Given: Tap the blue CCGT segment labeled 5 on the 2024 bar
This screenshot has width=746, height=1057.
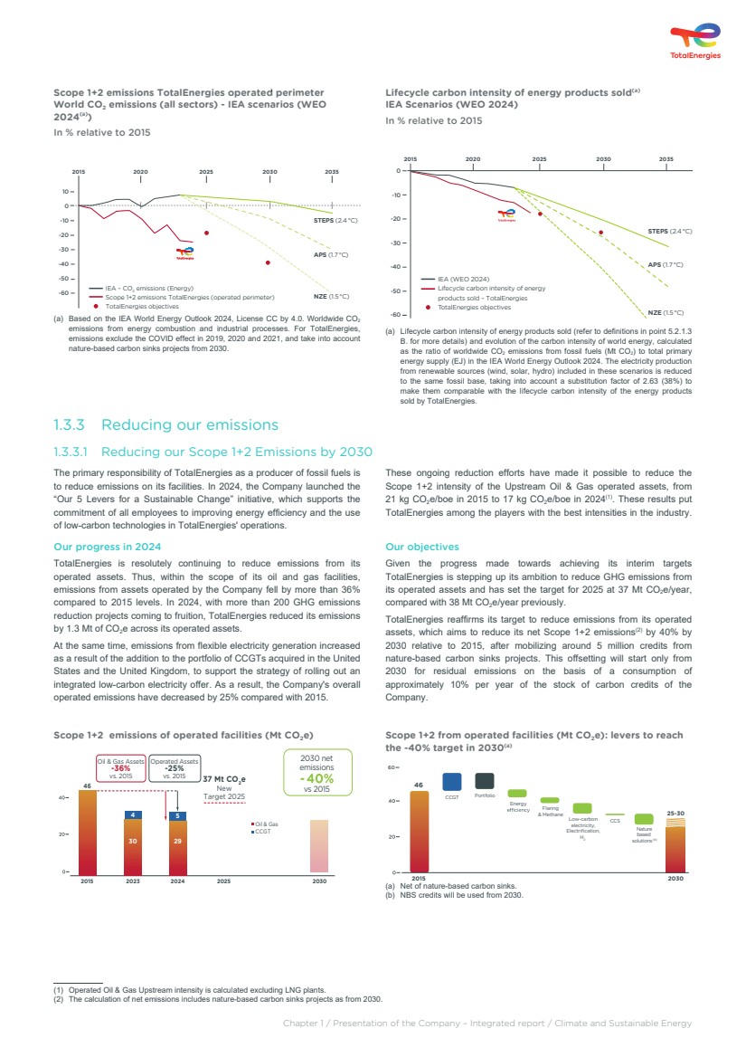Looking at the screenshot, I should click(178, 815).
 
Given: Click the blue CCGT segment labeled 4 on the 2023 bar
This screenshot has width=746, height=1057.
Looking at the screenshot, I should click(133, 814).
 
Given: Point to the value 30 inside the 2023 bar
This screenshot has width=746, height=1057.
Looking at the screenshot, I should click(133, 841).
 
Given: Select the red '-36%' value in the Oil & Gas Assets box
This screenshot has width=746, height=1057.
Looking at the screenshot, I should click(120, 768).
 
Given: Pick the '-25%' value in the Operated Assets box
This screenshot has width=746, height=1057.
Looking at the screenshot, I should click(174, 768).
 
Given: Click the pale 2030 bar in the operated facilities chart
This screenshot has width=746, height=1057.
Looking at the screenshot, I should click(319, 846).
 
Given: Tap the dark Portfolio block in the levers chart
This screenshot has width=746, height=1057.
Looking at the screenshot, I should click(485, 781).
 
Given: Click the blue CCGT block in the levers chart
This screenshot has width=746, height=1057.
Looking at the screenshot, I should click(452, 781).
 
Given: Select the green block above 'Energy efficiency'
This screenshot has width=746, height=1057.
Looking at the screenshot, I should click(517, 794).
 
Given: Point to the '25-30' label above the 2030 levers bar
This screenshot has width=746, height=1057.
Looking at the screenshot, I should click(675, 814).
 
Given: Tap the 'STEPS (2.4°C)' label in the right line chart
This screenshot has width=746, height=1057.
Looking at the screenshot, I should click(670, 232).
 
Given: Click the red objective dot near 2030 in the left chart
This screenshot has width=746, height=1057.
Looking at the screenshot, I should click(268, 262).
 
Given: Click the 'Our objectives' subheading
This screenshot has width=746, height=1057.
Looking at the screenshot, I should click(421, 547).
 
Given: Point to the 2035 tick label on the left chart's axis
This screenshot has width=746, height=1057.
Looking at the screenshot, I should click(332, 171).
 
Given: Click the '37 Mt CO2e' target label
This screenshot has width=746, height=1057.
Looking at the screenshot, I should click(224, 778).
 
